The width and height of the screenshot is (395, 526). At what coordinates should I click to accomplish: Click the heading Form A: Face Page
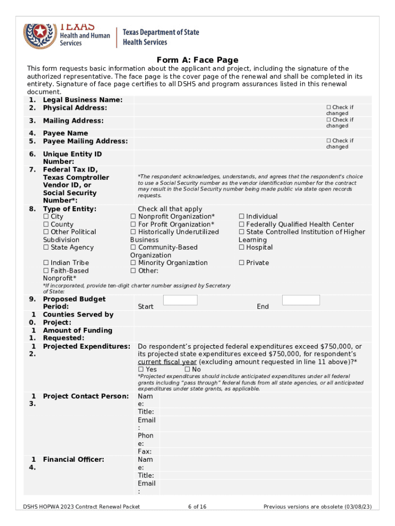[197, 60]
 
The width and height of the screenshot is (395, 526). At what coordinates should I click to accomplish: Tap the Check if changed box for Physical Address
[329, 107]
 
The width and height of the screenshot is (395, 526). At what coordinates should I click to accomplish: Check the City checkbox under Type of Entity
[46, 217]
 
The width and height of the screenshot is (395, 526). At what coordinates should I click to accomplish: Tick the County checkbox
[46, 224]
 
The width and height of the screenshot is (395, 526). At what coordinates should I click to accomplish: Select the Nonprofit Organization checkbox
[133, 217]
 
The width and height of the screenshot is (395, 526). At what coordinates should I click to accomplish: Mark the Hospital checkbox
[242, 248]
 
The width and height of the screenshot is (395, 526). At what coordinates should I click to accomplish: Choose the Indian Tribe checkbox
[46, 263]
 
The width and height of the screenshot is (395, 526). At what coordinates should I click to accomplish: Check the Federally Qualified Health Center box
[242, 224]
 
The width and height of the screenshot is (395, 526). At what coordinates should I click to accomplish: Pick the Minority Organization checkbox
[133, 263]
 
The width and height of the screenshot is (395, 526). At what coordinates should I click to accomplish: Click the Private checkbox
[242, 263]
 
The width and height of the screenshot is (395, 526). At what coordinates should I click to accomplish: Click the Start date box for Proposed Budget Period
[180, 300]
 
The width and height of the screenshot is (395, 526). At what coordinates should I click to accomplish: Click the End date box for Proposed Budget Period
[301, 300]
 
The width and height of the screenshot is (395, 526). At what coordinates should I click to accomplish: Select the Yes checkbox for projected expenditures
[141, 369]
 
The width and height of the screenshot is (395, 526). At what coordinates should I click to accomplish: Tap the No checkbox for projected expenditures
[187, 369]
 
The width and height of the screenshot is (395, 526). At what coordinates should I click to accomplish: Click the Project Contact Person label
[86, 396]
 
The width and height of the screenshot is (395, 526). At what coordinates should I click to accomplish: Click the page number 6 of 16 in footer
[197, 507]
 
